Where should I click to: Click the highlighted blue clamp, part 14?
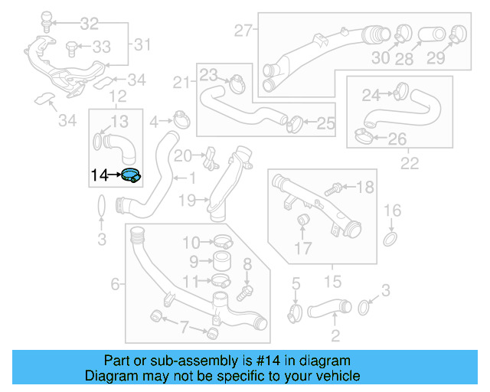[131, 175]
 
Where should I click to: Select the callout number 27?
[243, 31]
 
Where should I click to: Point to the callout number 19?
[188, 201]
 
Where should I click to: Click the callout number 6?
[116, 285]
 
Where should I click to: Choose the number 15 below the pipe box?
[333, 283]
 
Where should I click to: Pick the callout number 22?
[410, 162]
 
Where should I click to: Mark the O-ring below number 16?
[390, 240]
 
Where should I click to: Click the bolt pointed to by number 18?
[338, 188]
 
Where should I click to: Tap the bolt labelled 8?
[247, 292]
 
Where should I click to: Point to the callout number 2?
[335, 335]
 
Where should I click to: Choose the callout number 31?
[142, 45]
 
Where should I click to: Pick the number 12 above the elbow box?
[117, 96]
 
